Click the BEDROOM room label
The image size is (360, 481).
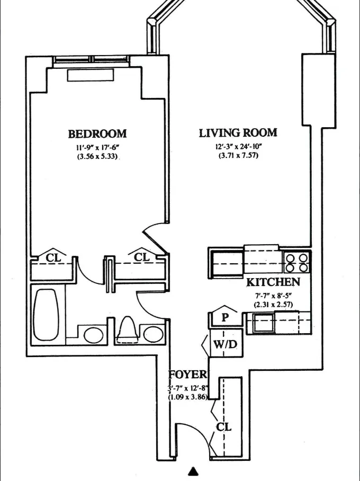(97, 133)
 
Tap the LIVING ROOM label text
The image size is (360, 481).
(238, 133)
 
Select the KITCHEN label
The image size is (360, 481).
(273, 282)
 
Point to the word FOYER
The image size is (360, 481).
(186, 375)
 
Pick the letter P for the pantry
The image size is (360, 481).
(224, 318)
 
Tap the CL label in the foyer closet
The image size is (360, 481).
(224, 426)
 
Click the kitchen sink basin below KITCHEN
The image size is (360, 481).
(263, 323)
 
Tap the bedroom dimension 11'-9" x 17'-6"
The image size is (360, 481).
(96, 147)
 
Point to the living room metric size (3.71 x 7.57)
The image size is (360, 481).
(238, 156)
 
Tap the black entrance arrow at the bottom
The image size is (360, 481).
(194, 471)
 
